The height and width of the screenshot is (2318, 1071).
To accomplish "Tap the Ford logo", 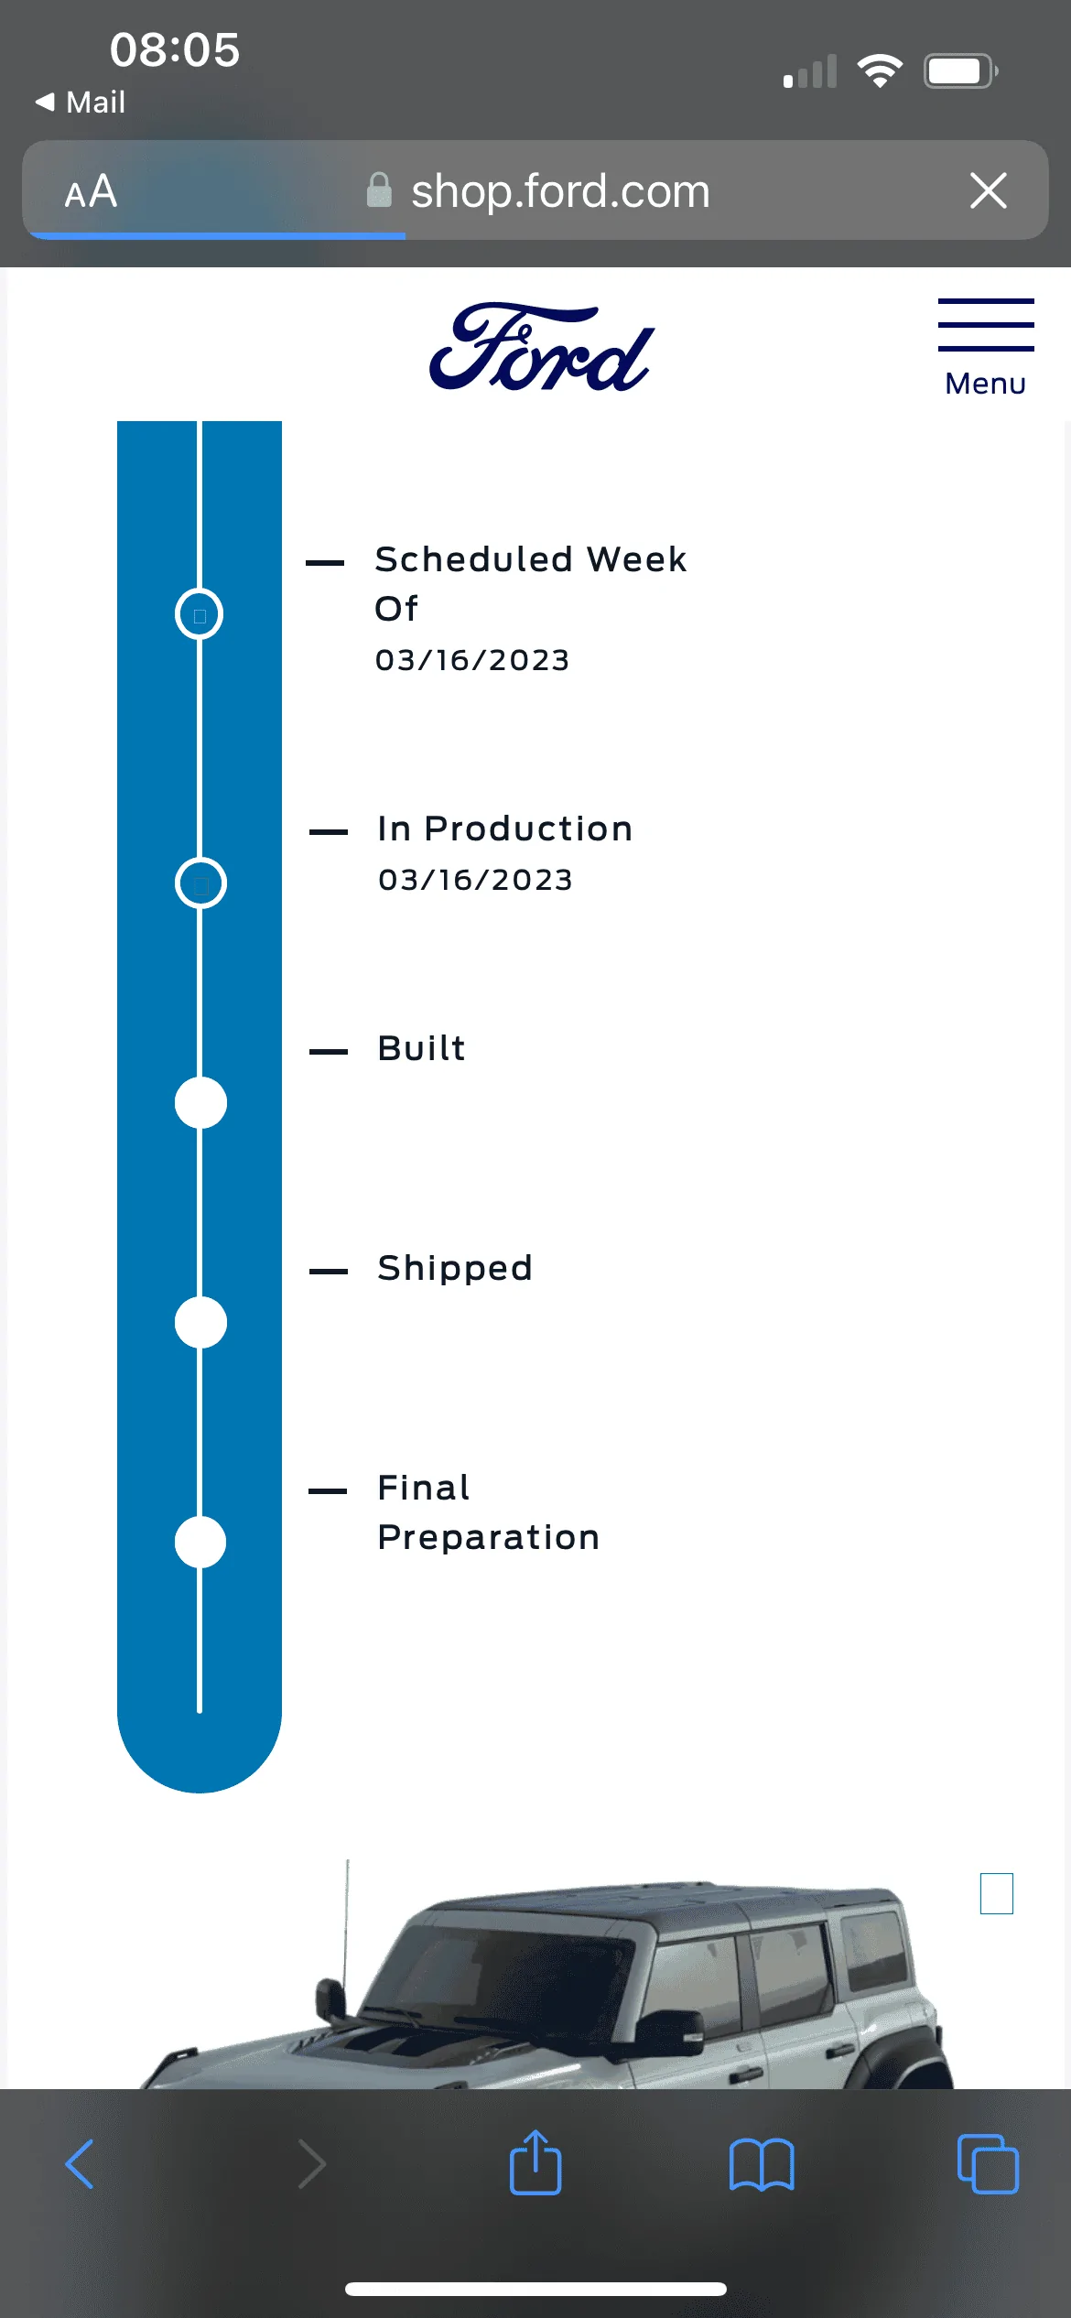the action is tap(542, 347).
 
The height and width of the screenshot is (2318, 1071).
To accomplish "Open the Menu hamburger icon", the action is tap(986, 324).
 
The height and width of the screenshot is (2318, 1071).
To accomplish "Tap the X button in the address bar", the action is tap(989, 191).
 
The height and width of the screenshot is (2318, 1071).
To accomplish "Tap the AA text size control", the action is tap(91, 192).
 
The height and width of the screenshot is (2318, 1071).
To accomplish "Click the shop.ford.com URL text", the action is tap(560, 191).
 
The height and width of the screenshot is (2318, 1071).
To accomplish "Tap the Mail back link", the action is tap(80, 102).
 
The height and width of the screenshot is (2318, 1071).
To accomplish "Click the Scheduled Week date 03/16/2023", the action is tap(472, 660).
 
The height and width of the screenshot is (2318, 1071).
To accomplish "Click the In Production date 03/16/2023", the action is tap(475, 880).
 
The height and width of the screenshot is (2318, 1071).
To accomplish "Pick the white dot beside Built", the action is tap(200, 1102).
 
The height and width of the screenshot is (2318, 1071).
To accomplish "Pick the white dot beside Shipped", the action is tap(200, 1322).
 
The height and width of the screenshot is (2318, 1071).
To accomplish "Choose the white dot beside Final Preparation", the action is tap(200, 1542).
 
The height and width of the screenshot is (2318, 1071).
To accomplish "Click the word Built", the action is tap(422, 1048).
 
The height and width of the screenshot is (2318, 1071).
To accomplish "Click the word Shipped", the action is tap(455, 1269).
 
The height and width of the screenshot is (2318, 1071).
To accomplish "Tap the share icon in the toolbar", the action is tap(535, 2162).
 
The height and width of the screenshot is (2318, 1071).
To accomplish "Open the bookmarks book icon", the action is tap(762, 2164).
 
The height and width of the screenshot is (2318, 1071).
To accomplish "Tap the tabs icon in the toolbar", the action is tap(988, 2164).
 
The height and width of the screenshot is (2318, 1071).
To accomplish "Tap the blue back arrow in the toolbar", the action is tap(80, 2164).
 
